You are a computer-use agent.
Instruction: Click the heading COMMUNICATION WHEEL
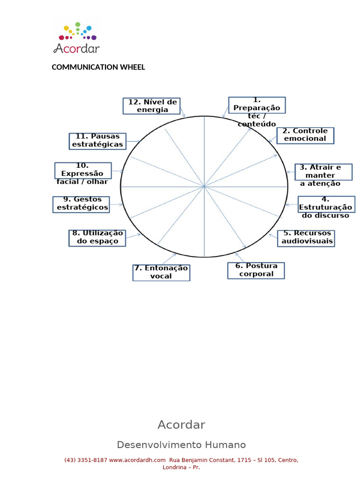click(98, 67)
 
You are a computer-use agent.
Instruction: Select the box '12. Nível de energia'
click(152, 106)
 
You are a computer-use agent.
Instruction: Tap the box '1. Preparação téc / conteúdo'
click(257, 105)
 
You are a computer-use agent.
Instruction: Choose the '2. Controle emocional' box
click(305, 135)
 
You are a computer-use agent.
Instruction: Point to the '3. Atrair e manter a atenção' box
click(323, 172)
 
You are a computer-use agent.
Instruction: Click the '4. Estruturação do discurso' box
click(326, 205)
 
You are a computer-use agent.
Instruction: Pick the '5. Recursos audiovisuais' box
click(306, 238)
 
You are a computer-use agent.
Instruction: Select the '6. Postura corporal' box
click(256, 270)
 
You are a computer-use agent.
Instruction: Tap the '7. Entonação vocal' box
click(161, 273)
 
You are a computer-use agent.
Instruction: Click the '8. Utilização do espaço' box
click(97, 238)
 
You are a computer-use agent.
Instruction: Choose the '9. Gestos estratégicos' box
click(81, 204)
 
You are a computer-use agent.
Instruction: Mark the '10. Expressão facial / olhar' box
click(83, 171)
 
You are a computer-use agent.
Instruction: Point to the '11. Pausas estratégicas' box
click(98, 141)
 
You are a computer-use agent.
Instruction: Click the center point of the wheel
click(204, 187)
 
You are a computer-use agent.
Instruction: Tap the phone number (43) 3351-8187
click(86, 460)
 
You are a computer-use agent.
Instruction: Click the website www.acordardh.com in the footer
click(137, 460)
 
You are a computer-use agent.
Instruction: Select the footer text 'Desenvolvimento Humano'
click(181, 445)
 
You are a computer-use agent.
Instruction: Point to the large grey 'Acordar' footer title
click(181, 425)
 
